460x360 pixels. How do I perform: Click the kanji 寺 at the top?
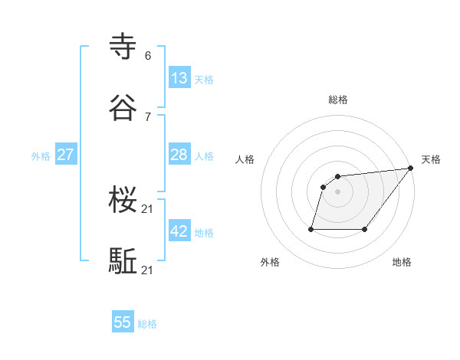pos(123,46)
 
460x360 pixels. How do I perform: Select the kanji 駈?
pos(123,261)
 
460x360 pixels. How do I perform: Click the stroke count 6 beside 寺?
pos(148,55)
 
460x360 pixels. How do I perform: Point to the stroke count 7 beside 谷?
pos(148,116)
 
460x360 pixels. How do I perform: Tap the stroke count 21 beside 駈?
pos(149,270)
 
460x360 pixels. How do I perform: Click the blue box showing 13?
pos(179,78)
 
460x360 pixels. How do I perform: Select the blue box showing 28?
pos(179,155)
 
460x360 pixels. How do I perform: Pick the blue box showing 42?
pos(179,231)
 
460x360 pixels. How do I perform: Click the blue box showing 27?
pos(66,155)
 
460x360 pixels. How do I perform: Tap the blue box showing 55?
pos(123,322)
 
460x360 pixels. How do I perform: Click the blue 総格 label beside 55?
pos(147,324)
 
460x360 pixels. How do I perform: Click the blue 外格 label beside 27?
pos(41,156)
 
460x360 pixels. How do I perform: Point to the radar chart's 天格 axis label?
pos(431,159)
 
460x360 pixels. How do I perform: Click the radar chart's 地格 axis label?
pos(402,262)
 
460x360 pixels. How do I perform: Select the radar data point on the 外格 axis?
pos(311,228)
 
